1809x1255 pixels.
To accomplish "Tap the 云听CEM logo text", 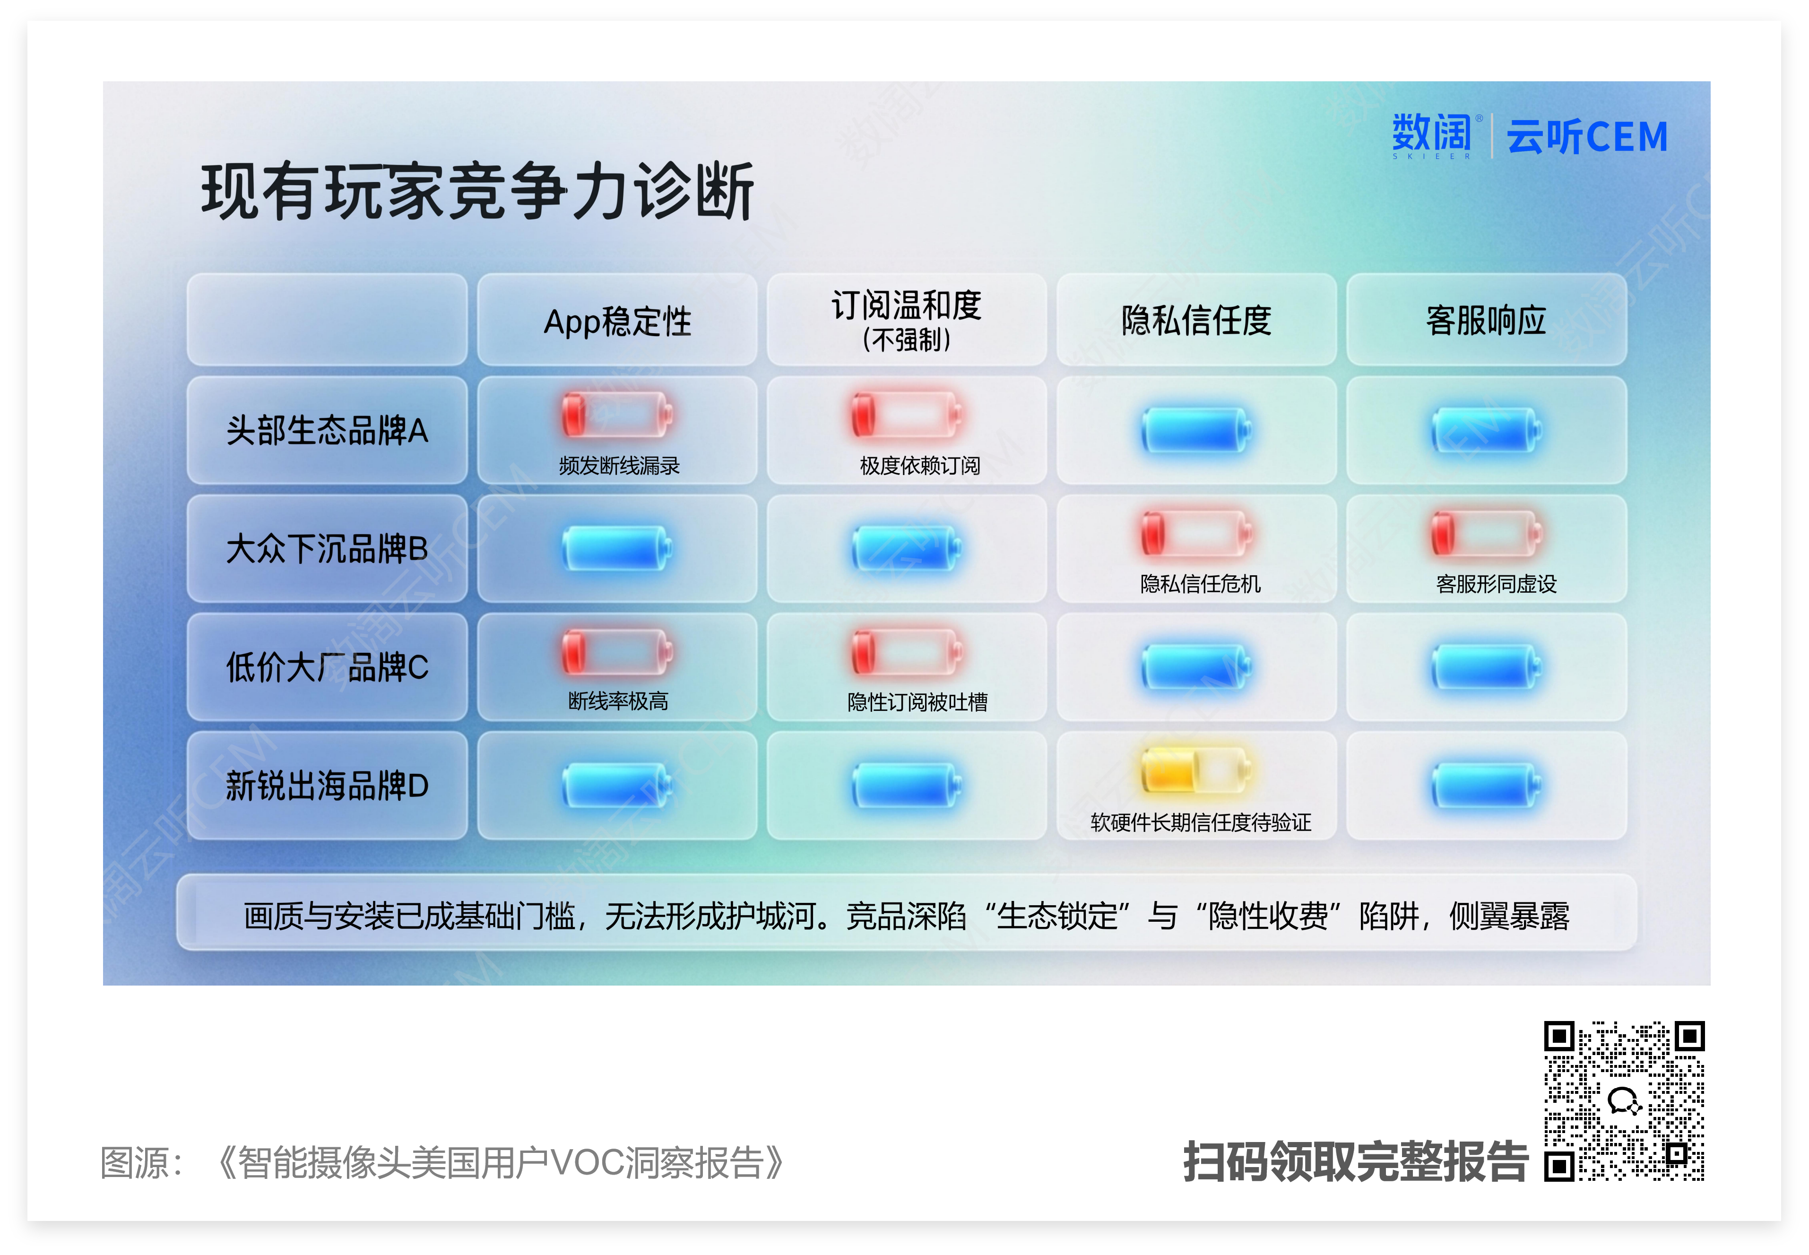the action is click(1586, 137).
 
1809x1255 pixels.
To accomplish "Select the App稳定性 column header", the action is click(617, 321).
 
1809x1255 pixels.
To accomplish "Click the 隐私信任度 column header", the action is click(1196, 320).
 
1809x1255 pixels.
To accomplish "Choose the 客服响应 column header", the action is click(1486, 320).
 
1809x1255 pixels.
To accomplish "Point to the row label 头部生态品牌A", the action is click(327, 430).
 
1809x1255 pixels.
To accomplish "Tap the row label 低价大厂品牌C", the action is click(327, 667).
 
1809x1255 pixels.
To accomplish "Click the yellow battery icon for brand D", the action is click(1196, 770).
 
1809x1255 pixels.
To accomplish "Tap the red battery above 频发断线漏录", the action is click(617, 415).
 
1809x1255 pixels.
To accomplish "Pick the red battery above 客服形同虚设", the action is click(1486, 532).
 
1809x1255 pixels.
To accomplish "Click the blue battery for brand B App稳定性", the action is click(617, 548).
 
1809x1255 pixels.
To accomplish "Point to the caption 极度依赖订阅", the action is click(920, 466).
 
